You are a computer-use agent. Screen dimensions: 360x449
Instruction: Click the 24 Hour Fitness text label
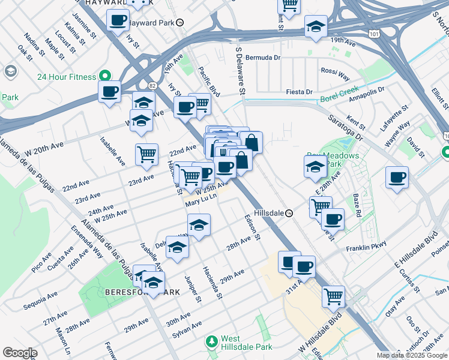click(67, 77)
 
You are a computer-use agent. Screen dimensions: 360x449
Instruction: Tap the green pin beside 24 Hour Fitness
click(105, 76)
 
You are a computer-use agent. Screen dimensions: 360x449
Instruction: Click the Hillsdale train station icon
click(289, 213)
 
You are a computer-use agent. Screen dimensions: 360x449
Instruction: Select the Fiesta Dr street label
click(300, 92)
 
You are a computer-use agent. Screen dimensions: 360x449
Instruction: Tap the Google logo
click(20, 353)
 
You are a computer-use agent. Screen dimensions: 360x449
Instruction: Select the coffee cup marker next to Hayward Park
click(118, 21)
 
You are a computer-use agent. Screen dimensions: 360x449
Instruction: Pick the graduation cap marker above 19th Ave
click(316, 26)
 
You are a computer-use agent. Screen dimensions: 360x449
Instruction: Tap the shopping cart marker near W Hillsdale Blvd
click(333, 296)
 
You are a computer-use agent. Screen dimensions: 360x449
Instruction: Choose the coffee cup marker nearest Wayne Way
click(397, 178)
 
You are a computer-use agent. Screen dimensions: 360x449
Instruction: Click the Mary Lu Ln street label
click(200, 203)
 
